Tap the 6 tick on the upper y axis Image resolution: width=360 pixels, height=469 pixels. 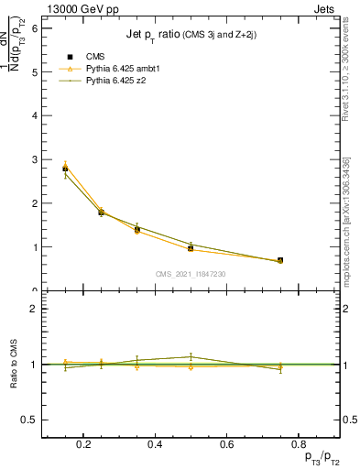pyautogui.click(x=35, y=28)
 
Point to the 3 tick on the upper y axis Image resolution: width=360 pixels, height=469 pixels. pyautogui.click(x=35, y=159)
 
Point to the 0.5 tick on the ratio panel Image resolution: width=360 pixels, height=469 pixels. pyautogui.click(x=30, y=420)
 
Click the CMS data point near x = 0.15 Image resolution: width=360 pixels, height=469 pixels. pyautogui.click(x=65, y=169)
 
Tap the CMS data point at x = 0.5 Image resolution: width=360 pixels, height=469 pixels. pyautogui.click(x=191, y=248)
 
